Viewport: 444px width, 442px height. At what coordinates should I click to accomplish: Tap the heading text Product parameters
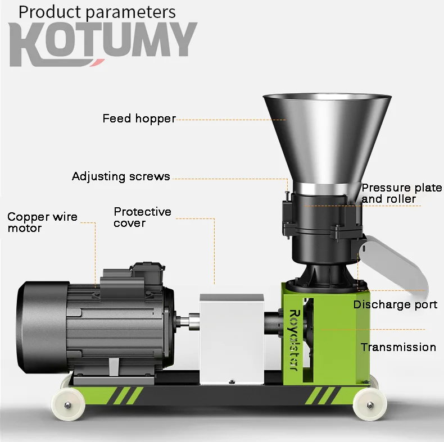coord(97,12)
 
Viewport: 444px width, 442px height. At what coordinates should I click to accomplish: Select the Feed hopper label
coord(139,119)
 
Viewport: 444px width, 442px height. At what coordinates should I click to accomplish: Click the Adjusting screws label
coord(121,176)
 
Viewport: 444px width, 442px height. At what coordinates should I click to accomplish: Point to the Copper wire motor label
coord(42,222)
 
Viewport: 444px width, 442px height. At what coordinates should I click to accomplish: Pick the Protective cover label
coord(142,217)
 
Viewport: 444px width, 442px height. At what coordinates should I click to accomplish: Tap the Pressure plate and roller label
coord(401,193)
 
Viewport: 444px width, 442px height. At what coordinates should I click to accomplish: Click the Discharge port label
coord(395,304)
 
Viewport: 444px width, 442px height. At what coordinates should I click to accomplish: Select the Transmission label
coord(398,347)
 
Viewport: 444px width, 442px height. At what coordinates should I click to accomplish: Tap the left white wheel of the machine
coord(66,403)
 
